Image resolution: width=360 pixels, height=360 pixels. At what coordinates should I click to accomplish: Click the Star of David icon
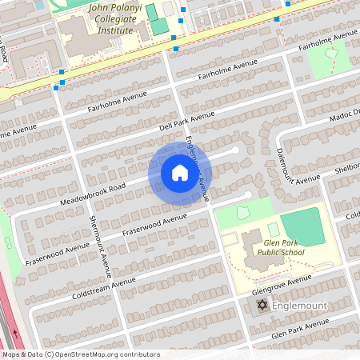pyautogui.click(x=261, y=306)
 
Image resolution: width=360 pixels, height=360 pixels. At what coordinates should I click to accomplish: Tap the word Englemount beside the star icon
pyautogui.click(x=298, y=306)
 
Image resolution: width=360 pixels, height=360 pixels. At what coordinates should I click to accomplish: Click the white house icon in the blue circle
pyautogui.click(x=179, y=172)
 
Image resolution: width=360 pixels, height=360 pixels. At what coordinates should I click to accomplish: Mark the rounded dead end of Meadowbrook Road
pyautogui.click(x=235, y=150)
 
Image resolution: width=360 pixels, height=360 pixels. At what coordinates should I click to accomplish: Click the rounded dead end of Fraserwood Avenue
pyautogui.click(x=247, y=194)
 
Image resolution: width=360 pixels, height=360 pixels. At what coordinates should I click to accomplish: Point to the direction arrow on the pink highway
pyautogui.click(x=15, y=331)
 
